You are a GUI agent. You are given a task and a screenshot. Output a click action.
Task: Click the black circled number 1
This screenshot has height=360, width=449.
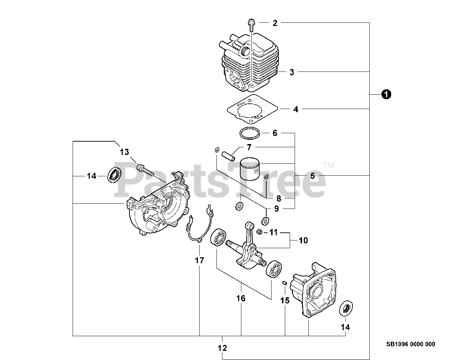coord(387,94)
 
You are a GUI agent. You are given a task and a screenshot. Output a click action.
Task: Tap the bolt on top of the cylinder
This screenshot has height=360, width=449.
coord(251,25)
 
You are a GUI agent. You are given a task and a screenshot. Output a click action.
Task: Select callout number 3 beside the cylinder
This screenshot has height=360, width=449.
coord(292,73)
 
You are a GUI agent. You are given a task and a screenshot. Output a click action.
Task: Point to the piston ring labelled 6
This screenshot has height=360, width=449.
coord(250,133)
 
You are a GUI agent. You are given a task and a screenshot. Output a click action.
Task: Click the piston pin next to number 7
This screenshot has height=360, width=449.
coord(228,155)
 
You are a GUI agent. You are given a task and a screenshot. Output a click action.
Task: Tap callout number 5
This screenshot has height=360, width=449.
coord(313,176)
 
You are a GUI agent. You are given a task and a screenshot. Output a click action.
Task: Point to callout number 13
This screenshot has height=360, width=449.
coord(125,152)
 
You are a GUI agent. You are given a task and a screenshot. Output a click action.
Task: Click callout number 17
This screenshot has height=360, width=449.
coord(200,260)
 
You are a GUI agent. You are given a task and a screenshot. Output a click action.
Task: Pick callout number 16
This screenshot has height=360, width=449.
coord(241,298)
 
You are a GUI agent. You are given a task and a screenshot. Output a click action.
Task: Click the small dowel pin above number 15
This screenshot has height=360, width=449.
coord(285,283)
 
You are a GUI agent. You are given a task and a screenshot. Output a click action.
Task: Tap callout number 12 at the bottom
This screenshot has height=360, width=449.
coord(222,348)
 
